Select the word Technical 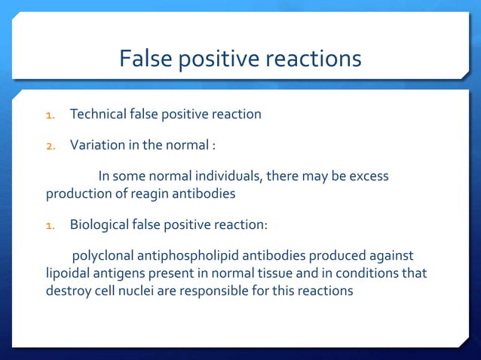(x=99, y=114)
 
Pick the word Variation (x=97, y=145)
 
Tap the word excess (x=369, y=176)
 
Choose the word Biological (x=98, y=224)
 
